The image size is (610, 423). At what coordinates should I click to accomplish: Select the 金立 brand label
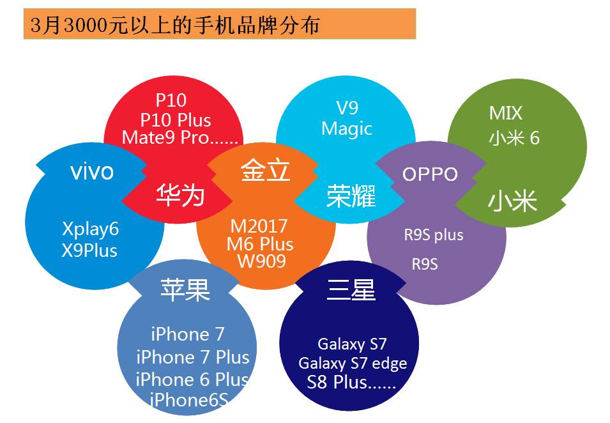pos(265,171)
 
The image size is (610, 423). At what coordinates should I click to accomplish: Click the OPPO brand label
pos(430,174)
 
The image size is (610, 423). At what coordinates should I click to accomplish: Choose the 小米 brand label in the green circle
pos(512,202)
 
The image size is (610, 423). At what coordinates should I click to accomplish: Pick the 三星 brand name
pos(351,289)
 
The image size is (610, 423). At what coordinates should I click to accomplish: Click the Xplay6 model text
pos(90,229)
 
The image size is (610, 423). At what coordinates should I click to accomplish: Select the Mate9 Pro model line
pos(179,137)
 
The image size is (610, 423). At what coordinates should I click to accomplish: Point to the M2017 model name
pos(259,226)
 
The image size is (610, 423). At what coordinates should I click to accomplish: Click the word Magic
pos(347,128)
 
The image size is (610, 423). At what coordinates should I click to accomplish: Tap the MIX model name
pos(506,114)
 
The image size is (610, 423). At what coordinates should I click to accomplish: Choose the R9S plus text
pos(433,235)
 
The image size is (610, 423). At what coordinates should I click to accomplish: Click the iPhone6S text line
pos(188,400)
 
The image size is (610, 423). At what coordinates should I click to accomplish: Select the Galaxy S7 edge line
pos(353,364)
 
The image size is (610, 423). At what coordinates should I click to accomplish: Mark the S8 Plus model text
pos(351,382)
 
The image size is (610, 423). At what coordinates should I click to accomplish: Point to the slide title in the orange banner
pos(175,26)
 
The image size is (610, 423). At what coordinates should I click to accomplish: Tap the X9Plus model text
pos(89,250)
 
